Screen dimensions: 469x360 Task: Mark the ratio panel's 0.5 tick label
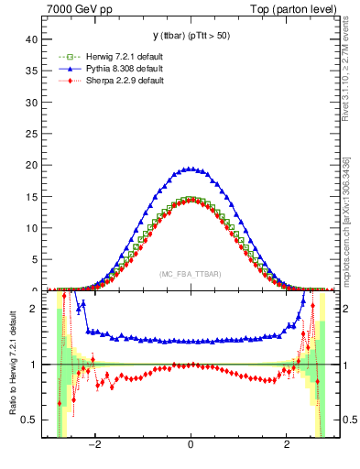(28, 420)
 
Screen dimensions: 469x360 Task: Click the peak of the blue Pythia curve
(190, 169)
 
